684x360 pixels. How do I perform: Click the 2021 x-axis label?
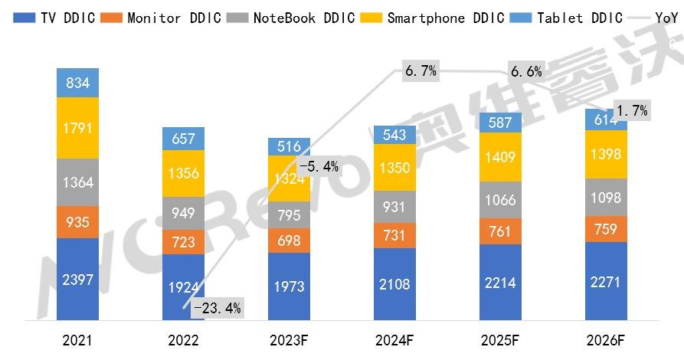click(77, 342)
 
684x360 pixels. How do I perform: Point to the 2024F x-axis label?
click(394, 342)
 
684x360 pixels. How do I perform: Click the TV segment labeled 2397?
click(77, 280)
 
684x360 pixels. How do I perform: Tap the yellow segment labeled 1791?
click(77, 128)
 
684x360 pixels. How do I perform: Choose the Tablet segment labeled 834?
click(77, 83)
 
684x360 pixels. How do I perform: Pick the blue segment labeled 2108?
click(394, 284)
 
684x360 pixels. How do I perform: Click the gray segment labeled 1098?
click(606, 197)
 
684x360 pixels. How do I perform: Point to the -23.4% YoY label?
click(217, 309)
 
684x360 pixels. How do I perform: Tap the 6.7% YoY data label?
click(420, 71)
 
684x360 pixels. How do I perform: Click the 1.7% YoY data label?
click(632, 111)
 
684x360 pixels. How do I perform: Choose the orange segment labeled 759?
click(606, 229)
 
